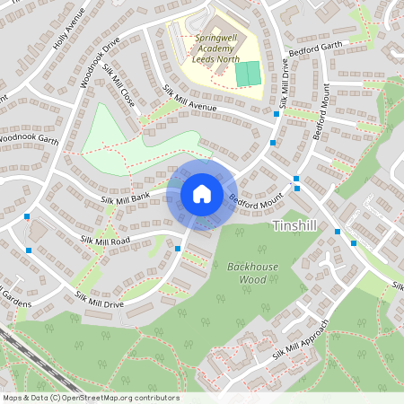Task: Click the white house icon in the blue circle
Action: point(202,193)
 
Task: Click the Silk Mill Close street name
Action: point(119,87)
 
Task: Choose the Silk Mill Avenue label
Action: point(190,102)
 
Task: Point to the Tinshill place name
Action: point(293,224)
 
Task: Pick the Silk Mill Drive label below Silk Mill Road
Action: point(100,300)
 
